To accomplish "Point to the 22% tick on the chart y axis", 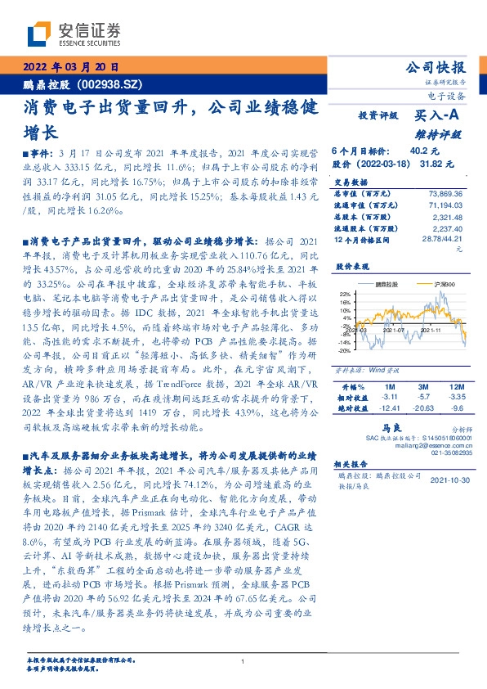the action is coord(343,293).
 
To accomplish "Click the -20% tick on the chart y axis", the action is coord(342,349).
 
